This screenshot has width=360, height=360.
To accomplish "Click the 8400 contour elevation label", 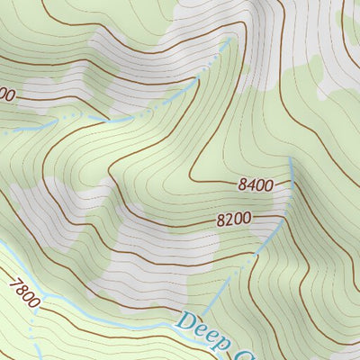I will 256,185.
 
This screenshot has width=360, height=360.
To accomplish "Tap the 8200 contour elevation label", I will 234,219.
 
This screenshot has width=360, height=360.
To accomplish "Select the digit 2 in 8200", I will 230,219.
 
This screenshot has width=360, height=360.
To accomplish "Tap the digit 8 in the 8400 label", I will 244,185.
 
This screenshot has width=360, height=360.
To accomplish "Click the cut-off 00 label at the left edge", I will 7,94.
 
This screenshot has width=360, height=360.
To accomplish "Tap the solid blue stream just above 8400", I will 292,166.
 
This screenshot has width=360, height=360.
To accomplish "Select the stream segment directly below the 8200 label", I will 268,239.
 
